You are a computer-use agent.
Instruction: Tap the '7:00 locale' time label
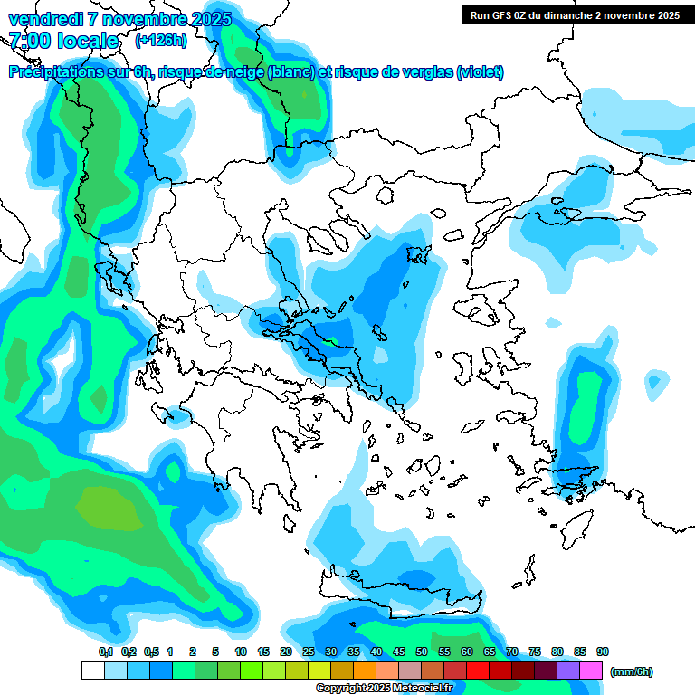click(63, 41)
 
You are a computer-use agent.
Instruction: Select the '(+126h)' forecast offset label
click(160, 41)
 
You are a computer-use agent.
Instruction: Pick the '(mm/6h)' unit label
click(631, 671)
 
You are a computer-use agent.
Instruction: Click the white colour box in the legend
click(92, 671)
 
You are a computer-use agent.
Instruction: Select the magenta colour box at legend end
click(592, 671)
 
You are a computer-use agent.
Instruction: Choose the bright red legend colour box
click(478, 671)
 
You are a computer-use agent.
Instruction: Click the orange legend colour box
click(365, 671)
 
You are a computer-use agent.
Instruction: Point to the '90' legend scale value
click(603, 652)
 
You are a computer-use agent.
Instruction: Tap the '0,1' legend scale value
click(105, 652)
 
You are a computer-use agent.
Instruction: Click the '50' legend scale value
click(422, 652)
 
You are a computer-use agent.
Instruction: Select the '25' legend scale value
click(309, 652)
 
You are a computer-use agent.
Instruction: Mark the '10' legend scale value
click(241, 652)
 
